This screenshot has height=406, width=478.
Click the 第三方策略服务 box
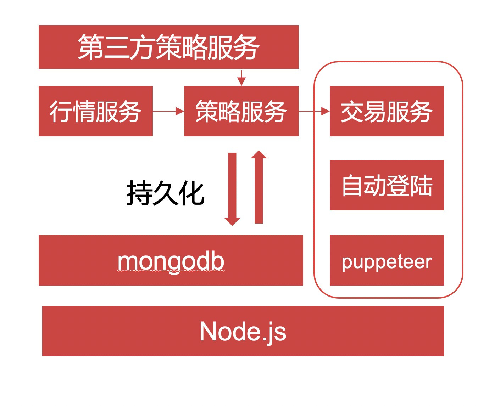click(x=168, y=47)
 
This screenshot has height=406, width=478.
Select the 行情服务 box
click(x=95, y=111)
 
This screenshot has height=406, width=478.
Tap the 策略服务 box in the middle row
click(x=241, y=111)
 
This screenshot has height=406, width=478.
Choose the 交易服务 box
click(x=387, y=111)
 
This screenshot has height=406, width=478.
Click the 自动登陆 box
click(x=387, y=185)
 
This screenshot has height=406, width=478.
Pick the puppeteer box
click(x=387, y=260)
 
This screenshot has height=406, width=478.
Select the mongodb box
click(x=171, y=260)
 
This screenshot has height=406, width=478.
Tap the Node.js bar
click(x=243, y=331)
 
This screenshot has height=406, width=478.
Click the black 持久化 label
click(x=165, y=193)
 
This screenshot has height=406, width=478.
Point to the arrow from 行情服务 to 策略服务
click(x=168, y=111)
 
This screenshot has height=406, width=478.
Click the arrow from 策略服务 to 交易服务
click(x=314, y=111)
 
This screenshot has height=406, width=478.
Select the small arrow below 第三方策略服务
click(x=241, y=78)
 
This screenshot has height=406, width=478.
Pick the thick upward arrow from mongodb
click(x=259, y=187)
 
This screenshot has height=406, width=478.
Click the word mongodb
click(x=171, y=261)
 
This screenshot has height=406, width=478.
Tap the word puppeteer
click(x=387, y=262)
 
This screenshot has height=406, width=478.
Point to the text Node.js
click(x=243, y=332)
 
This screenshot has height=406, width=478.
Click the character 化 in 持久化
click(x=192, y=193)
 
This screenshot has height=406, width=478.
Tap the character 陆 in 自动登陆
click(x=421, y=186)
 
